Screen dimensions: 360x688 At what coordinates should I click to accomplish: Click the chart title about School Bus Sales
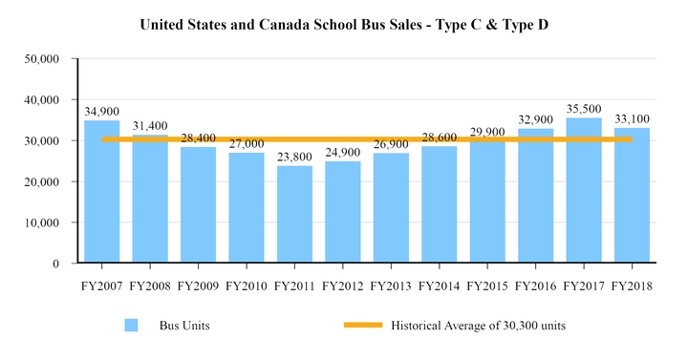pyautogui.click(x=344, y=22)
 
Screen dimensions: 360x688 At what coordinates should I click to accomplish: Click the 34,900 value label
pyautogui.click(x=101, y=112)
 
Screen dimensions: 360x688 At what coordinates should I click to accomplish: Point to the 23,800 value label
pyautogui.click(x=294, y=158)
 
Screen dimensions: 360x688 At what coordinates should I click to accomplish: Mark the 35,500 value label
pyautogui.click(x=584, y=109)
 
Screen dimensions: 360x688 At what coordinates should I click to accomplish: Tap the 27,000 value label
pyautogui.click(x=246, y=144)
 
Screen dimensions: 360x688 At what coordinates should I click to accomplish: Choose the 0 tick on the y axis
pyautogui.click(x=56, y=264)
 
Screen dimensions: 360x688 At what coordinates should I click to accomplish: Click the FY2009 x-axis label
pyautogui.click(x=198, y=285)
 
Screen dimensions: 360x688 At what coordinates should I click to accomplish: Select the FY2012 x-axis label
pyautogui.click(x=342, y=285)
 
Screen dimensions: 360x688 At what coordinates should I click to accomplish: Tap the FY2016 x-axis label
pyautogui.click(x=535, y=285)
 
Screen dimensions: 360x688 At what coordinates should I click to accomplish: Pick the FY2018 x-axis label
pyautogui.click(x=632, y=285)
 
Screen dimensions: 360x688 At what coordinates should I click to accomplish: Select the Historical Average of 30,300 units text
pyautogui.click(x=479, y=326)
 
